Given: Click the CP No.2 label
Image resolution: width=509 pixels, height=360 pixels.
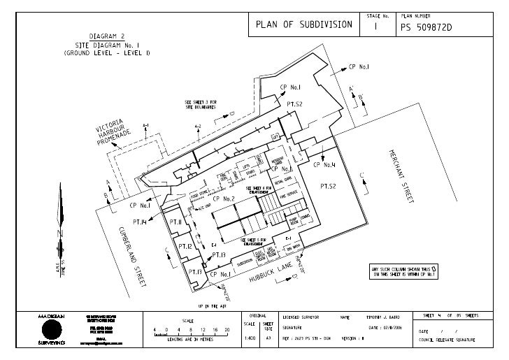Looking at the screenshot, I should [x=223, y=199].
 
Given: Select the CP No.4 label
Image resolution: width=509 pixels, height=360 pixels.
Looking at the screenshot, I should [x=324, y=165].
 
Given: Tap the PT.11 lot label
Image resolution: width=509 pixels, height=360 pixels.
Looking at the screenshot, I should [x=175, y=222].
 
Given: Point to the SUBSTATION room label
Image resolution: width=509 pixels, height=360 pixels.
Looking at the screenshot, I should [x=244, y=263].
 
